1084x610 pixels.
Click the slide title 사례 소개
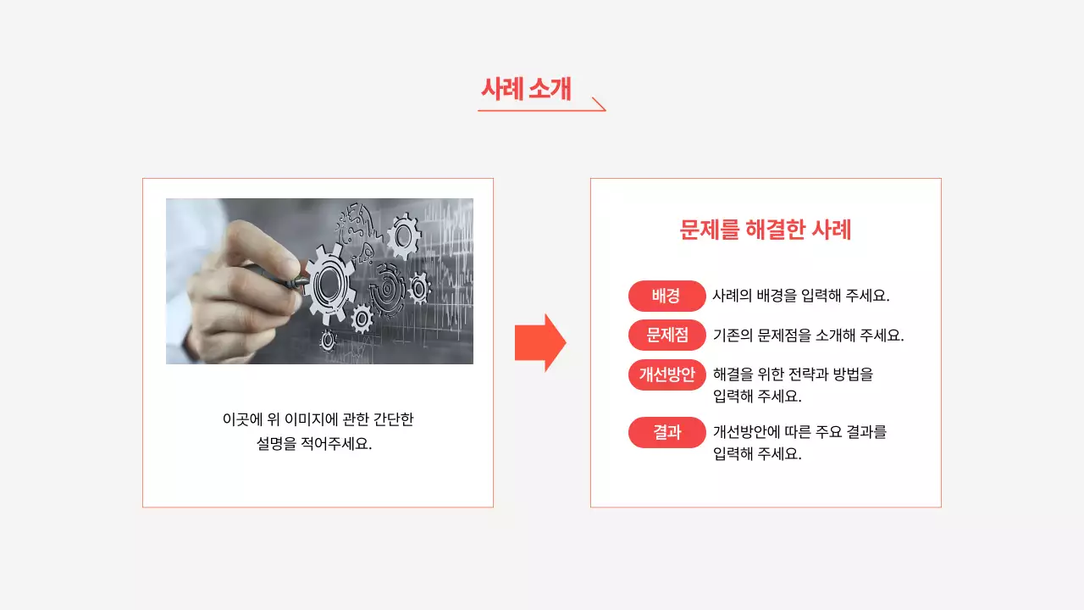click(x=526, y=88)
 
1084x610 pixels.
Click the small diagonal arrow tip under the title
click(x=600, y=104)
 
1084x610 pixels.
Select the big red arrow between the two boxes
click(x=540, y=342)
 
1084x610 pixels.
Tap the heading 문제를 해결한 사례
click(x=766, y=230)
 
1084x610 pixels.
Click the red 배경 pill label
click(x=666, y=296)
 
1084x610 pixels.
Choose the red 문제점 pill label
click(x=666, y=335)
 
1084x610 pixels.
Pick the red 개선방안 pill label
click(x=666, y=374)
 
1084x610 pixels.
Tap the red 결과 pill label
click(x=666, y=432)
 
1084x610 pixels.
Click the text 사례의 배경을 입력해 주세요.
click(x=800, y=296)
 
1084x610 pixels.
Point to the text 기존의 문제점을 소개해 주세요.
click(x=808, y=335)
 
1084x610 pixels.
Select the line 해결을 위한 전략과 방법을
click(x=793, y=374)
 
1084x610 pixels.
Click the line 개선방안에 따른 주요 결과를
click(x=799, y=432)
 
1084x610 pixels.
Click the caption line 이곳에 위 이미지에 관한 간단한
click(x=318, y=419)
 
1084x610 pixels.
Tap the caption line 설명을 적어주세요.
click(x=314, y=443)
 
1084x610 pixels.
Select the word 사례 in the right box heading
click(x=831, y=230)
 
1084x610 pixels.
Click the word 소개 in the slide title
click(x=550, y=88)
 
